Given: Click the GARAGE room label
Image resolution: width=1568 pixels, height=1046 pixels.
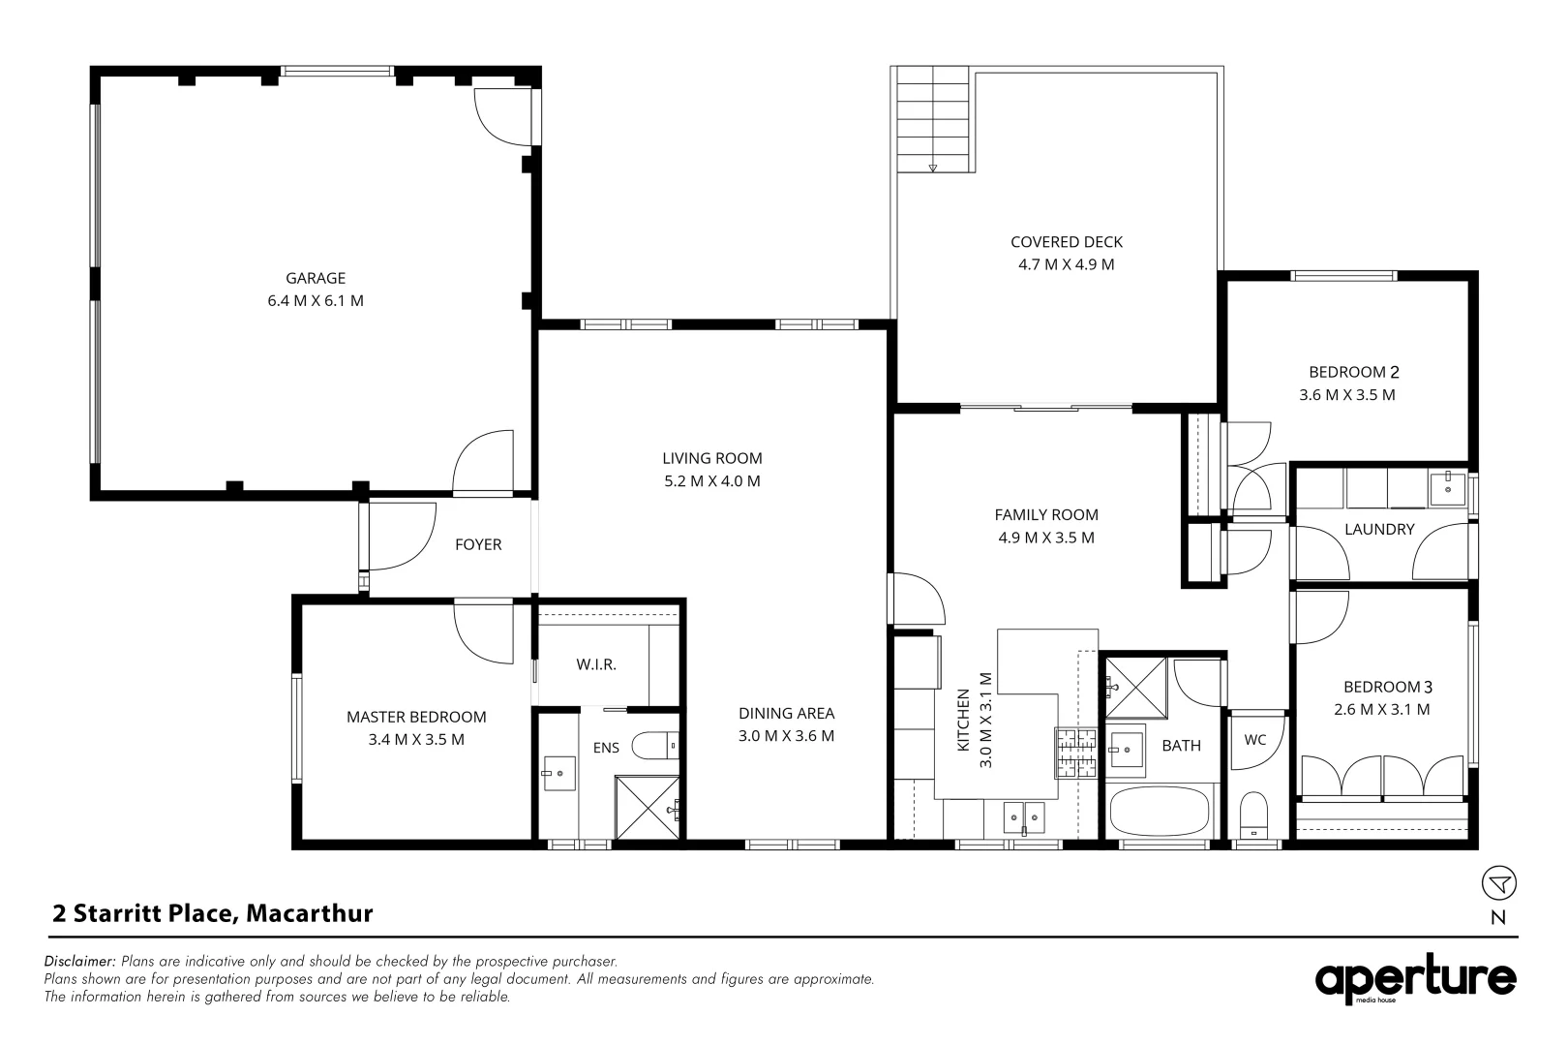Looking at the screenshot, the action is click(315, 278).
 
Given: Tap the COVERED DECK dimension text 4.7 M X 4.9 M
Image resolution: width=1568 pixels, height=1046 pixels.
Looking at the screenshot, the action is click(1066, 264).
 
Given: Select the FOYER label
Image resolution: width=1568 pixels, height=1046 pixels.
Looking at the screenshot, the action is click(478, 544).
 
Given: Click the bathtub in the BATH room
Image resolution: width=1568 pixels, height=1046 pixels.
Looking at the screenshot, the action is click(1160, 811).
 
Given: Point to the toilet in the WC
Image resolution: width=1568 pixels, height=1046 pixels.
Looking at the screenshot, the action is click(1253, 815).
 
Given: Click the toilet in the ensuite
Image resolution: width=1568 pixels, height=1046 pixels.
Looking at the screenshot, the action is click(654, 746).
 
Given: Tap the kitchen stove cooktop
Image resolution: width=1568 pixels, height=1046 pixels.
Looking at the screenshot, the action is click(1076, 754).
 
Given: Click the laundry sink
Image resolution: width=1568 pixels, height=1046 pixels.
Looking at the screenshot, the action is click(1448, 487).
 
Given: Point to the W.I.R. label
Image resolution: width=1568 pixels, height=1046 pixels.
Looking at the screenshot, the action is click(596, 664).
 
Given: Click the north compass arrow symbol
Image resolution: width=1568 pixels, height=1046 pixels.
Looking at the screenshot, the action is click(1498, 883).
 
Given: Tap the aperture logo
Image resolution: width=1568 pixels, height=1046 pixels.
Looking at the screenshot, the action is click(1415, 978).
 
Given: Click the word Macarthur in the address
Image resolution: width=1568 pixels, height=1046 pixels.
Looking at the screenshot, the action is click(310, 913).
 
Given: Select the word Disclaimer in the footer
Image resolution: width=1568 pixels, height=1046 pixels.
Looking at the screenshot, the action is click(79, 961).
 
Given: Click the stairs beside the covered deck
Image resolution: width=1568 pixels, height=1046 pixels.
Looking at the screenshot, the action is click(933, 119).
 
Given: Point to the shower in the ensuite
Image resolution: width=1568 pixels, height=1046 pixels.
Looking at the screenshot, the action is click(647, 807).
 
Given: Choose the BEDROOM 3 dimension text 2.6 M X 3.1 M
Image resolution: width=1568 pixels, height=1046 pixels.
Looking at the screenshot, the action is click(1382, 709).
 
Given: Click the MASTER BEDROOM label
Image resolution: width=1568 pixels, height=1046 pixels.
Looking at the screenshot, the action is click(416, 717).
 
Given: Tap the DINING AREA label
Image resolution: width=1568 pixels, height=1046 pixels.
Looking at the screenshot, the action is click(786, 713).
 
